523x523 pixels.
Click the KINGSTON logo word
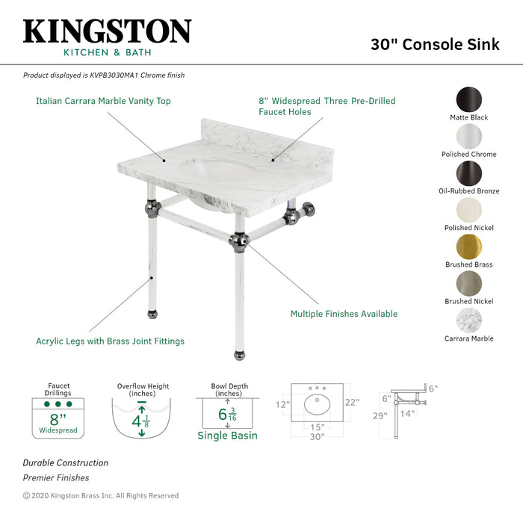pos(107,31)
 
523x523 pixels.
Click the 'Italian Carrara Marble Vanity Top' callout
pos(103,101)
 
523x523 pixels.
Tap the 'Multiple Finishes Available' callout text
pos(344,314)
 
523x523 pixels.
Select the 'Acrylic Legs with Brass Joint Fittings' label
pos(110,341)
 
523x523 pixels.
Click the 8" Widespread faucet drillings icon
pos(58,418)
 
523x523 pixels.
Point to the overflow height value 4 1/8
pos(141,420)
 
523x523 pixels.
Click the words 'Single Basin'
pos(227,436)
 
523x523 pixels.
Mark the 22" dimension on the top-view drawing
pos(352,403)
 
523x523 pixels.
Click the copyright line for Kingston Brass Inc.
pos(101,495)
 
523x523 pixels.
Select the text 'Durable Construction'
pos(65,463)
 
